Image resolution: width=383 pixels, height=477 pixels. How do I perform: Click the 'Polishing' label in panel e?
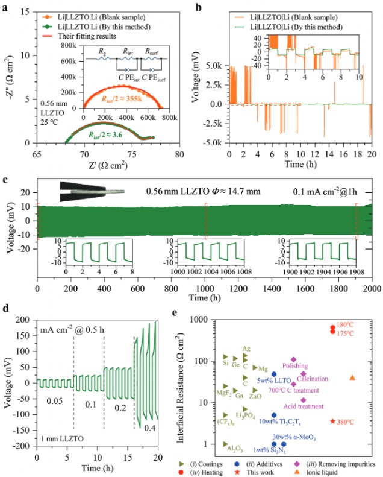293,365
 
